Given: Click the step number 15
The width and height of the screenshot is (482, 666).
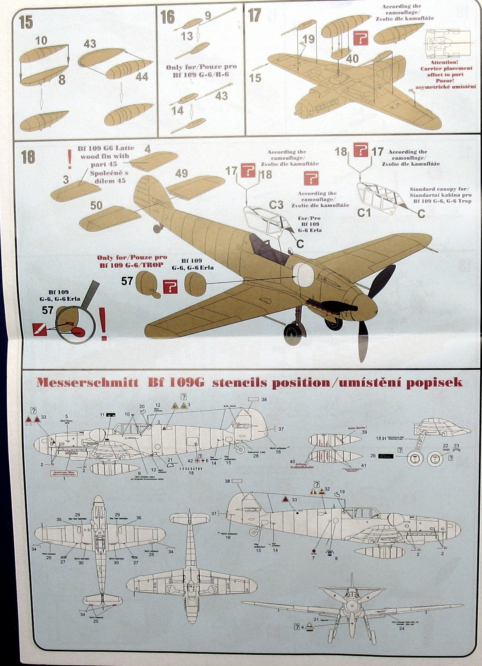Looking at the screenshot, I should point(26,22).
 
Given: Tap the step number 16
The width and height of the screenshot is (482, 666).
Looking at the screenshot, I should point(168,17).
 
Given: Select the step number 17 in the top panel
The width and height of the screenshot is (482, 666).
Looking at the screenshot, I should point(254,15).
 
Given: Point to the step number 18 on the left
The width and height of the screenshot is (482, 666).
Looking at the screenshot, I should point(28,157).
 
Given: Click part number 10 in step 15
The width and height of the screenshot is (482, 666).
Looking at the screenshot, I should point(41,40).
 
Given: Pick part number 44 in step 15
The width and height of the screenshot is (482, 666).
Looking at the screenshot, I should point(142,77).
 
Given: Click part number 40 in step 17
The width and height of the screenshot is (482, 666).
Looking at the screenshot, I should point(352,59).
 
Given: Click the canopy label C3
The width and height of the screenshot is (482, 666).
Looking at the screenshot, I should point(276,204).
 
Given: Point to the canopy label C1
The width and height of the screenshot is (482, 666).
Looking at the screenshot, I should point(364,212).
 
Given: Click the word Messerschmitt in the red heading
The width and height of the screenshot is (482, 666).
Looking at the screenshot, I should point(87,383).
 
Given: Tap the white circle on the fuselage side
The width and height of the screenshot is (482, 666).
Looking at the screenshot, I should point(303,274).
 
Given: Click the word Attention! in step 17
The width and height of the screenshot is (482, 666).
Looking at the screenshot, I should point(444,62).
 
